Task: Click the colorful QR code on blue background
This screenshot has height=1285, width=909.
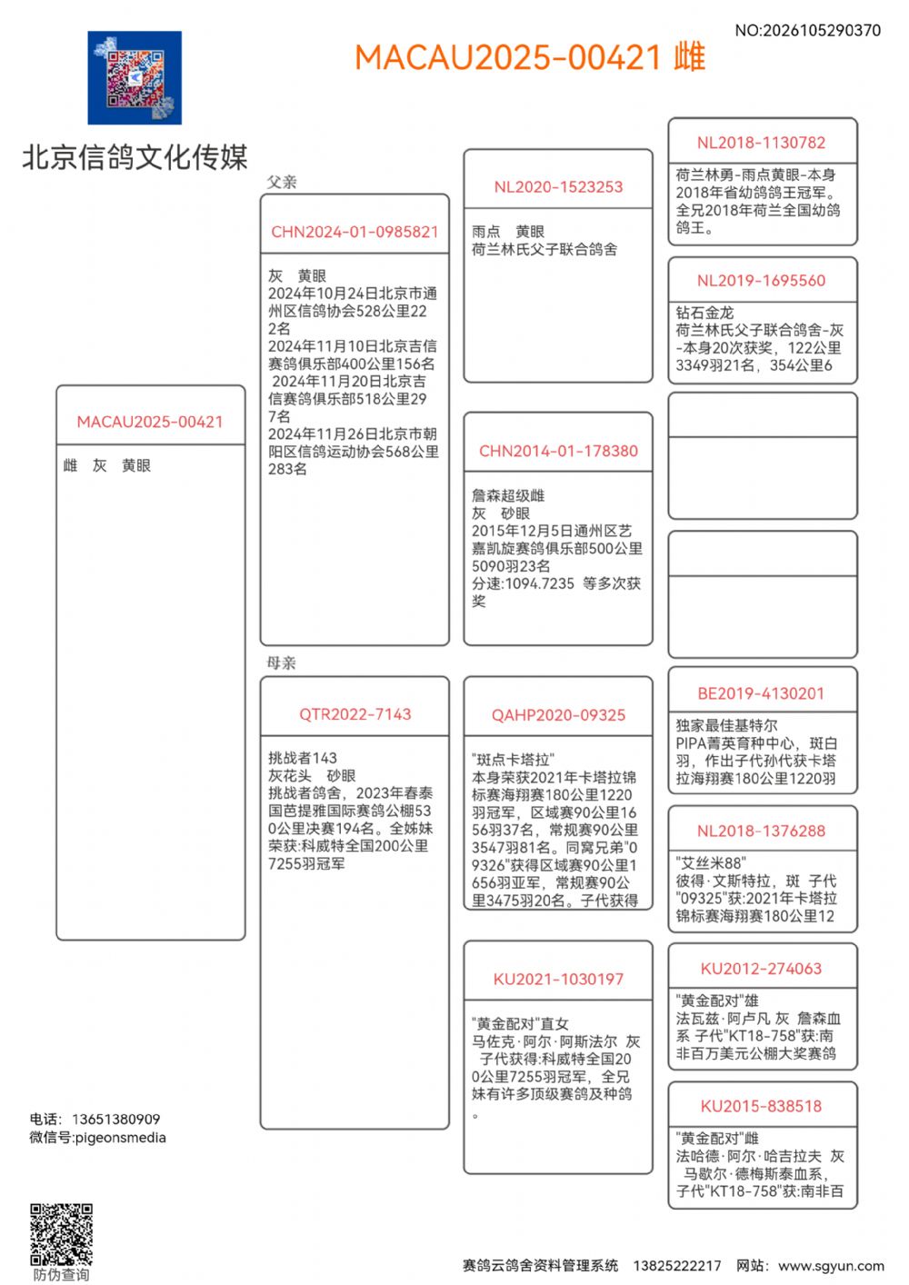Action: tap(135, 78)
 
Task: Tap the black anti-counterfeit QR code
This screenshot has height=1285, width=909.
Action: tap(61, 1234)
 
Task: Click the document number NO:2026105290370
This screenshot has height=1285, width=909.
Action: tap(807, 30)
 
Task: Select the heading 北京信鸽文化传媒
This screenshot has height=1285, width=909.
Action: tap(135, 157)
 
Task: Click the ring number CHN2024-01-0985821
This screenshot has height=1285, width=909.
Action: tap(355, 232)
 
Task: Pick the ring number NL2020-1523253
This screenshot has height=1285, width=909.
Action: tap(558, 187)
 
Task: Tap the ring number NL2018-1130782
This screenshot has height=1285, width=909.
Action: tap(762, 143)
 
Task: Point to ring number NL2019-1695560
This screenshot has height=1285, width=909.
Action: tap(762, 281)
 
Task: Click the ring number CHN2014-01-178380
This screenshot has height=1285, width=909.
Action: tap(558, 451)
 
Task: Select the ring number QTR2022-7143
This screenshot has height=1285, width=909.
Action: tap(355, 714)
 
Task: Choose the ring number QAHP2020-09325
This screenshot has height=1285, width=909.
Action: tap(558, 715)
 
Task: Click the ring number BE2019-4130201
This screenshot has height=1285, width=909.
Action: tap(762, 693)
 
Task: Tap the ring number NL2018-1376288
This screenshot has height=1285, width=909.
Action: tap(762, 831)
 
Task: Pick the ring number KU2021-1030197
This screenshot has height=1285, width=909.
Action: tap(558, 979)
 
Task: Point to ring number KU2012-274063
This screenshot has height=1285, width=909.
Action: tap(762, 969)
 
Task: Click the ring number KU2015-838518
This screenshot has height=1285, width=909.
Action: tap(762, 1106)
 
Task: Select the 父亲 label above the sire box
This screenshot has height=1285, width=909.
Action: tap(282, 182)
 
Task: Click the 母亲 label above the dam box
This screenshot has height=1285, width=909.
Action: tap(282, 662)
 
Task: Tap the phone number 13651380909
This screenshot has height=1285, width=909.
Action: tap(115, 1119)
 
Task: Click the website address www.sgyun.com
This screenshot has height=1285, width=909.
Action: tap(831, 1265)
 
